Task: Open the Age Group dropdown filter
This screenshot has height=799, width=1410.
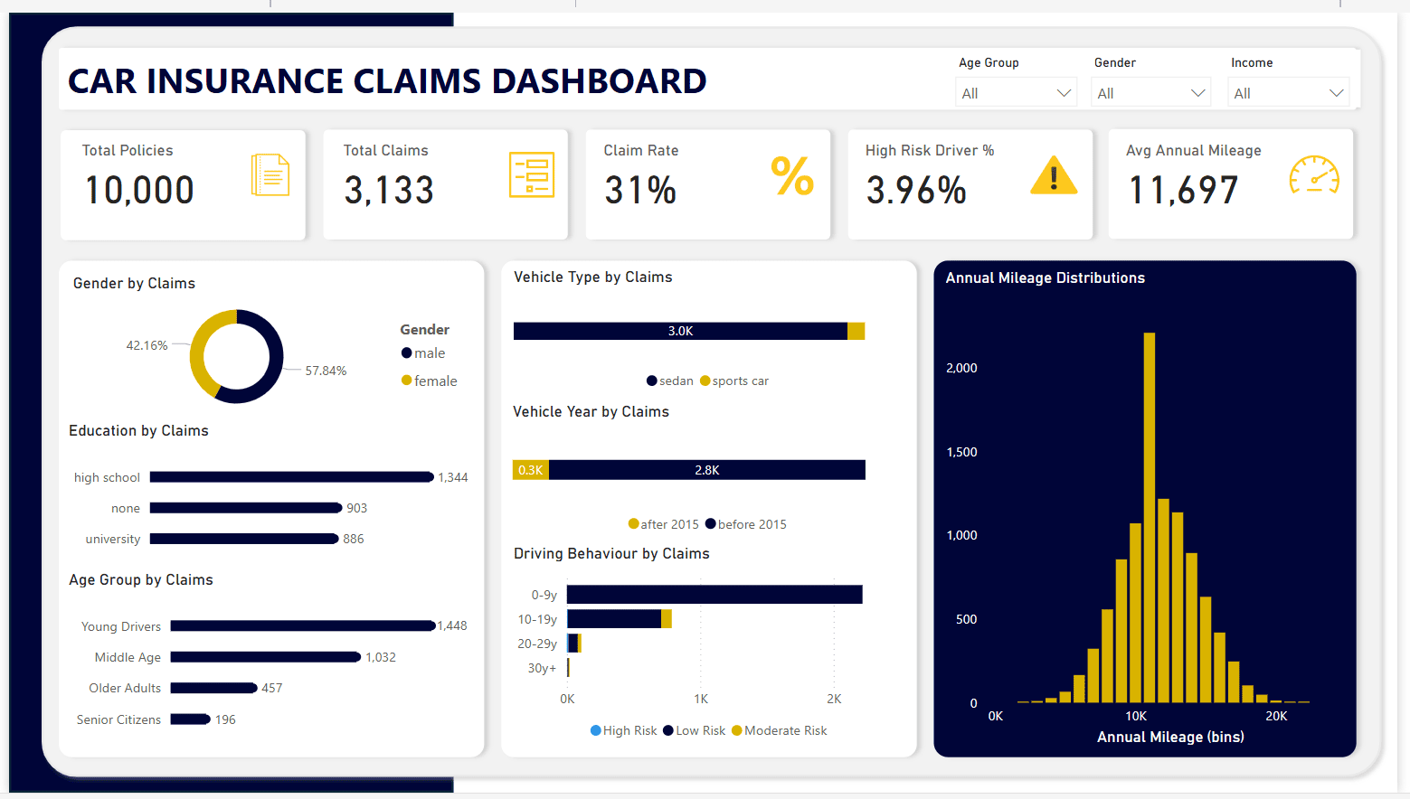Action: point(1016,93)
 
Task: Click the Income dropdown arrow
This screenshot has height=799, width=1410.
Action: point(1336,93)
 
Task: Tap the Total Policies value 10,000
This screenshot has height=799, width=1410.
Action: point(139,190)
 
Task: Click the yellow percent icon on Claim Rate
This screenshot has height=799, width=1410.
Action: point(792,175)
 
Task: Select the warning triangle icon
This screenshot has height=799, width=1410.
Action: point(1054,175)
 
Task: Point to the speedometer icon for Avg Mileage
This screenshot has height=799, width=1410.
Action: point(1314,175)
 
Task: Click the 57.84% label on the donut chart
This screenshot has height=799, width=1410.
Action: point(326,371)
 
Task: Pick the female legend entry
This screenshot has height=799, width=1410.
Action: point(430,381)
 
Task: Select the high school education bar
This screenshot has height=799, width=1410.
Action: point(291,477)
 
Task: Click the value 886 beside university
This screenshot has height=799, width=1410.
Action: point(354,539)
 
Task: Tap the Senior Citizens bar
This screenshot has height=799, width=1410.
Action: point(190,719)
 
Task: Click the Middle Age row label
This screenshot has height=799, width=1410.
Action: point(128,657)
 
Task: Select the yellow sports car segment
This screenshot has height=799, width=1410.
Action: point(856,331)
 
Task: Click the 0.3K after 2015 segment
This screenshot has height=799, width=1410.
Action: point(531,470)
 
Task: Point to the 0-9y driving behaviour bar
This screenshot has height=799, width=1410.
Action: point(714,595)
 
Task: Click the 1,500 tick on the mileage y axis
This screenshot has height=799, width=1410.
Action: point(961,452)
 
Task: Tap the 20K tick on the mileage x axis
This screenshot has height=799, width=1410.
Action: point(1276,716)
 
